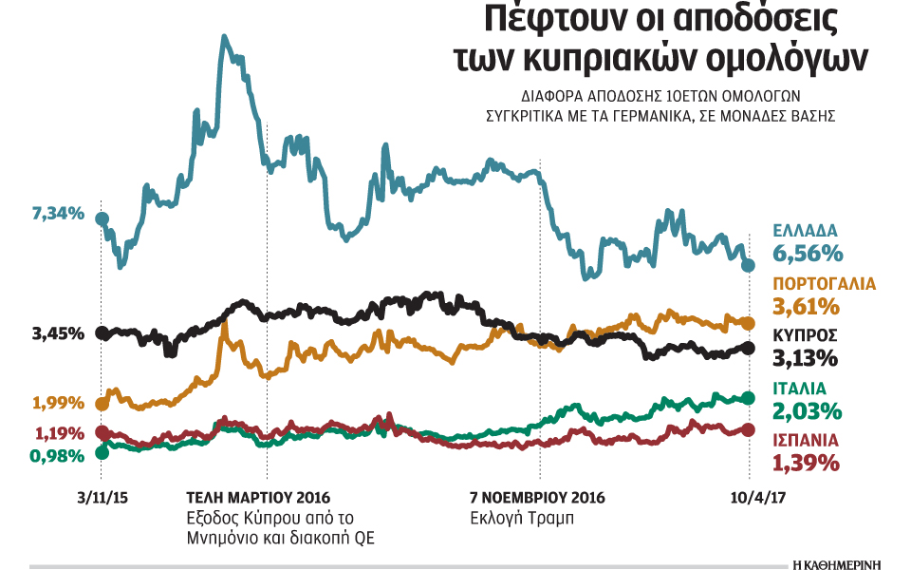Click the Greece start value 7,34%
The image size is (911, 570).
tap(58, 214)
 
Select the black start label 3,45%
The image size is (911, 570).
tap(58, 334)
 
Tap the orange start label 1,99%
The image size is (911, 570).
tap(58, 403)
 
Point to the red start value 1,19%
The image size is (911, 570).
tap(58, 433)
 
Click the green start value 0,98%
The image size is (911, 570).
tap(58, 455)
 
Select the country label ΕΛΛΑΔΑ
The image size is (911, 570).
tap(805, 231)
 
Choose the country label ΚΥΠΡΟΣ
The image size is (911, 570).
tap(805, 336)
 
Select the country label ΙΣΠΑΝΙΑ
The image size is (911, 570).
tap(808, 441)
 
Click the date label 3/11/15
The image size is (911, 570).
tap(102, 497)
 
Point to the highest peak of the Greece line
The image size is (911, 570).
tap(223, 38)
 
